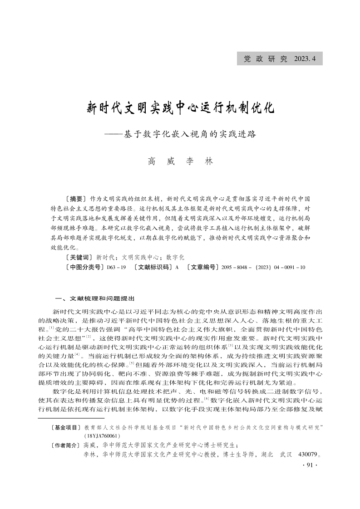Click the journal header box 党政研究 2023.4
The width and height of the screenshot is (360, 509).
click(x=279, y=59)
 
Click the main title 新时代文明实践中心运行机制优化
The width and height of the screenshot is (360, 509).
click(x=180, y=109)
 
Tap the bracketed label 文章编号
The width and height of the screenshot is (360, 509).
click(x=203, y=268)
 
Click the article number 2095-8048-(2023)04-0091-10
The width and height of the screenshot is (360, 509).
click(x=263, y=268)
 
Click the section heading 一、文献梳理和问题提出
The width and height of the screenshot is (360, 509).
click(x=94, y=299)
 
